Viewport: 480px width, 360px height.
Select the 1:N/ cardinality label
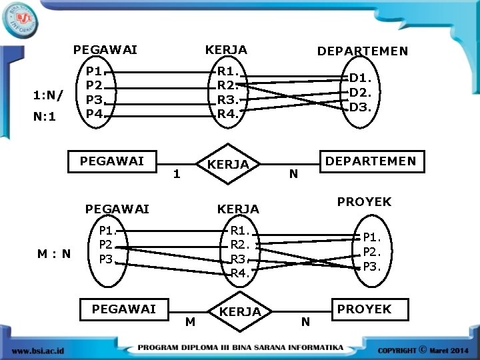point(49,95)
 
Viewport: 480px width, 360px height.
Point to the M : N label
point(55,254)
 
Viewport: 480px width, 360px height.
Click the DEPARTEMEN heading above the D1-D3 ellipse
point(363,51)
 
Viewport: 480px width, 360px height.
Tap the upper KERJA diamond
point(228,164)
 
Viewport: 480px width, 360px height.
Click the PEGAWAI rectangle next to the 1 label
point(112,161)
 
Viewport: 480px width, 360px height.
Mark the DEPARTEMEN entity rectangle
point(370,161)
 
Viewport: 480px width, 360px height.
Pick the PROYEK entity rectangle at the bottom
point(364,309)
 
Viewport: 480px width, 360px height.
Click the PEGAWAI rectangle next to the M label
point(123,309)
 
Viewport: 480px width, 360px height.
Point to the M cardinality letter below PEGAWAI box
point(191,322)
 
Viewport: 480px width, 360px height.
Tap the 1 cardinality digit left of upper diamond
point(175,175)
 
